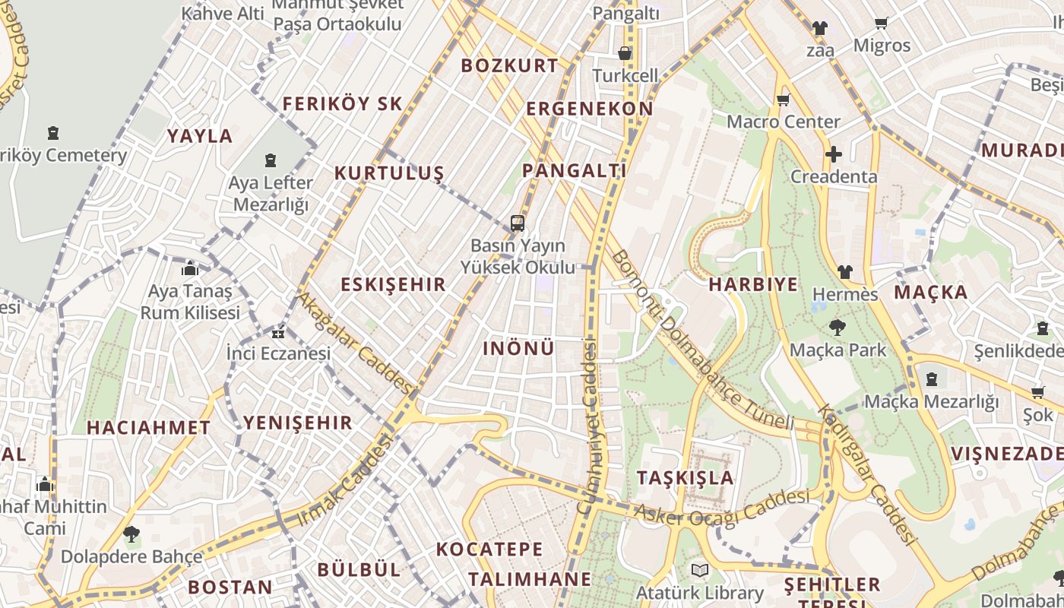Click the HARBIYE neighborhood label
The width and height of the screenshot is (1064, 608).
coord(753,284)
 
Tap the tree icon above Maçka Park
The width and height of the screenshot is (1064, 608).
coord(838,328)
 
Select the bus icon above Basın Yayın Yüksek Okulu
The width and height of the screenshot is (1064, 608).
coord(518,223)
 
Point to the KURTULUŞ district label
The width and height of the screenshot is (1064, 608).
coord(388,173)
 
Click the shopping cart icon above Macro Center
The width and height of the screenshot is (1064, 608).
coord(783,100)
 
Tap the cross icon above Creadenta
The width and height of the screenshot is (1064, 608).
coord(834,155)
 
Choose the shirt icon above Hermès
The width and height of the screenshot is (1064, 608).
coord(844,272)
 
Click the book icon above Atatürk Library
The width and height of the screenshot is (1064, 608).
coord(699,570)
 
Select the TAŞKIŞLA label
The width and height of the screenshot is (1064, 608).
coord(686,478)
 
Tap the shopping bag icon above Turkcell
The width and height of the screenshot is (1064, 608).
coord(625,53)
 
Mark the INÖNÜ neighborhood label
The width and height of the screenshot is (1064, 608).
coord(519,348)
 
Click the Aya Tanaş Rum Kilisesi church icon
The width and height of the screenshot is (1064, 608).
coord(190,269)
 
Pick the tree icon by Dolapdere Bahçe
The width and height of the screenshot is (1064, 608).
coord(131,534)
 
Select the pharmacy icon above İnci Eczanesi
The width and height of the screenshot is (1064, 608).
coord(278,332)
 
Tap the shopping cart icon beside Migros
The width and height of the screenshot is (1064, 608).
coord(881,24)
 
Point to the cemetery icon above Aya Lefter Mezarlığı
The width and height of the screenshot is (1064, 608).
coord(271,160)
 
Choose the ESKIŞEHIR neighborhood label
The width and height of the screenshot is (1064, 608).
coord(393,284)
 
